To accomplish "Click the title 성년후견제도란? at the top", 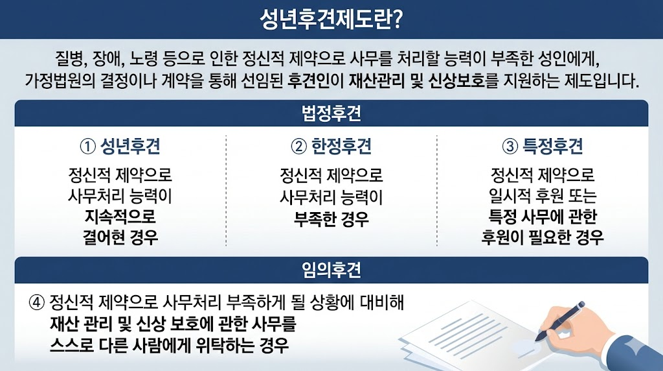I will tap(331, 18).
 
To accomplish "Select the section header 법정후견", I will tap(331, 114).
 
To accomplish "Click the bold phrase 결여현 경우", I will tap(120, 237).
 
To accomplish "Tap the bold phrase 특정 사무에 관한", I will tap(543, 216).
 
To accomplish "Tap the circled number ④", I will tap(36, 302).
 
